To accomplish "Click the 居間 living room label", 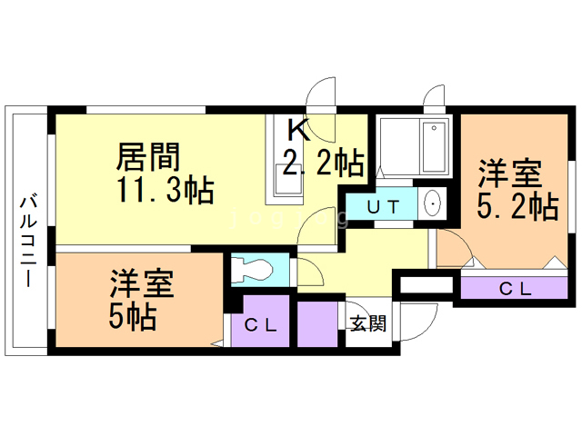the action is (x=148, y=157).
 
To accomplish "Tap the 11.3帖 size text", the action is (x=166, y=190).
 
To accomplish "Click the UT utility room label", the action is (x=384, y=207).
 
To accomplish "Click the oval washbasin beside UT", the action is (x=432, y=203).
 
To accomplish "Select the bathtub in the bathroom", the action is (x=434, y=147).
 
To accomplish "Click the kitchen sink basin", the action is (x=288, y=180).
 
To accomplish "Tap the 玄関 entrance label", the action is (x=368, y=323).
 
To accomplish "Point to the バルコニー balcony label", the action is (x=28, y=241).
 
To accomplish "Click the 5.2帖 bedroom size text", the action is (x=517, y=207).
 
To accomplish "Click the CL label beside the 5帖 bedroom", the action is (x=261, y=325).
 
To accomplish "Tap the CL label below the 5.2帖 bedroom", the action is (x=516, y=289).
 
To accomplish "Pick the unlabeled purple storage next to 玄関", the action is (x=317, y=324).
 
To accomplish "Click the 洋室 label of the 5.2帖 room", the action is (x=510, y=173).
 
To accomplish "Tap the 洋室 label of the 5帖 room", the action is (x=142, y=283).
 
